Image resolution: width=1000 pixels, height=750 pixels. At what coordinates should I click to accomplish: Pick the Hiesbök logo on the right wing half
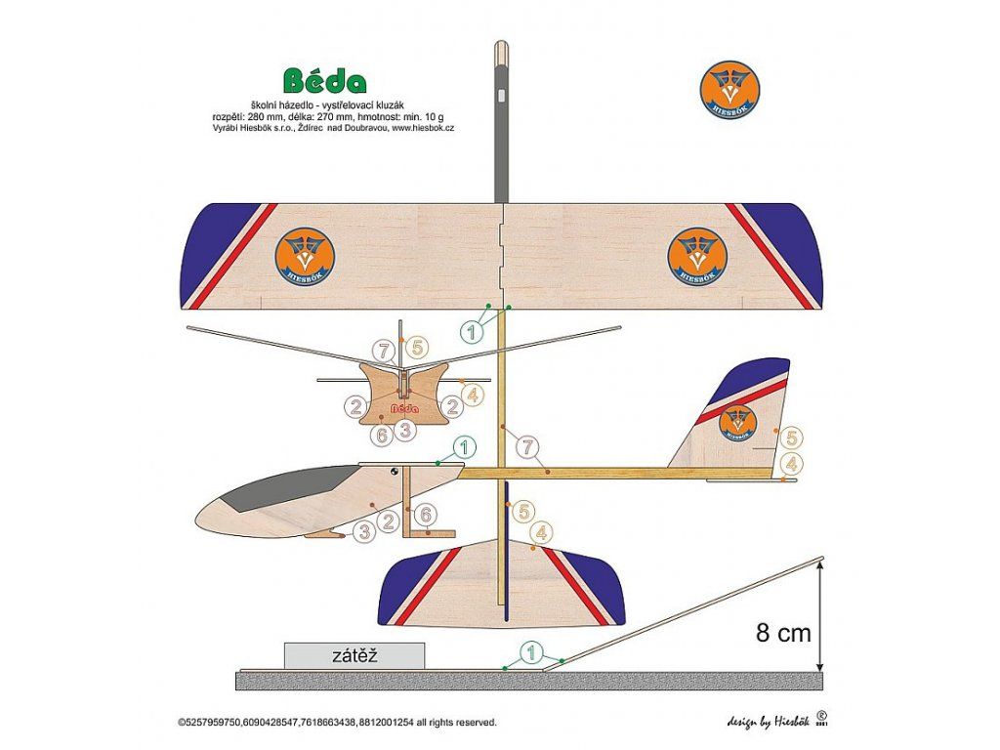(697, 255)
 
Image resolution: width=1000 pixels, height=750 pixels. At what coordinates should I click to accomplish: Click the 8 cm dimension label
(783, 633)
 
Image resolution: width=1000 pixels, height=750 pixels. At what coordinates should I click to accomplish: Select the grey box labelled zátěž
(354, 656)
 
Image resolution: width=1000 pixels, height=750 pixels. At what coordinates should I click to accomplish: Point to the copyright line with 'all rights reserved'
(337, 723)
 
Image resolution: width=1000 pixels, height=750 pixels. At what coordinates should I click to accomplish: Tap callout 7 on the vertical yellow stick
(529, 448)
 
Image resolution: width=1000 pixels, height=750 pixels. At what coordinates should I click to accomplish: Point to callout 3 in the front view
(406, 428)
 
